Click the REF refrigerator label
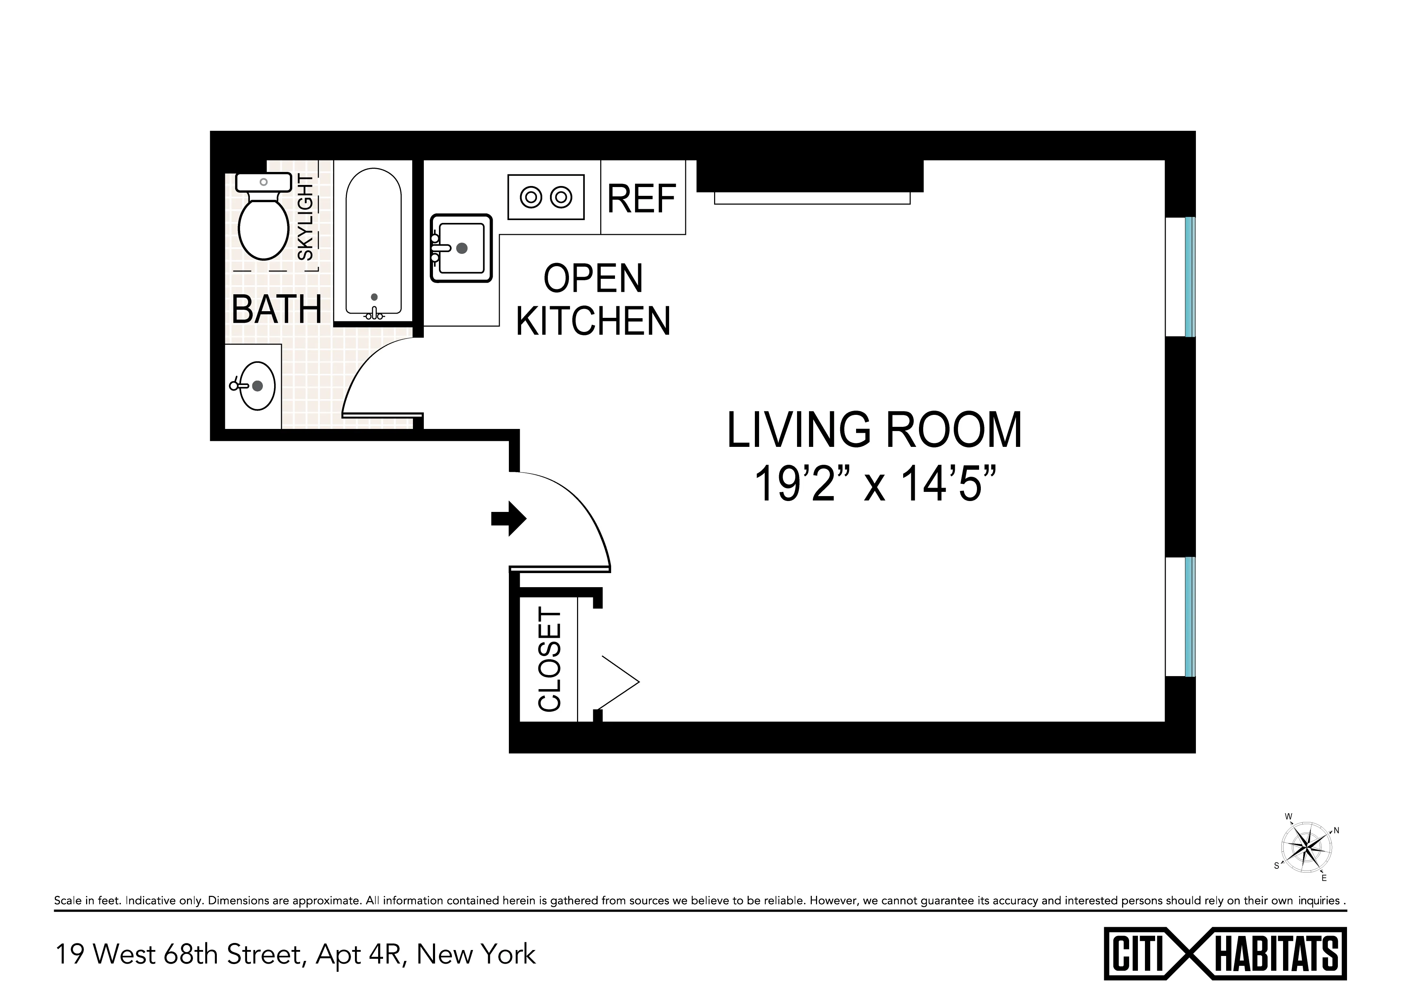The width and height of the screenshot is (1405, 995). click(642, 199)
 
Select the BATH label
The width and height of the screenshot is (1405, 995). click(277, 310)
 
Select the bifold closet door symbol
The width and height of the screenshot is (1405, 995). click(619, 681)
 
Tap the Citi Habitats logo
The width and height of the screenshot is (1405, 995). click(1225, 954)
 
